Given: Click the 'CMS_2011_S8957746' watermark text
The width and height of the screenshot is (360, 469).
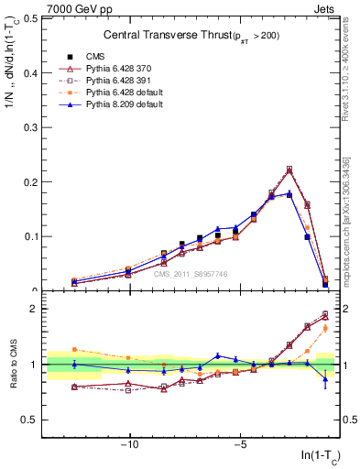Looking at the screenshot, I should click(191, 274).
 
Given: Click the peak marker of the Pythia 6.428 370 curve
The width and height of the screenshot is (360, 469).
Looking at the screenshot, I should click(289, 169).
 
